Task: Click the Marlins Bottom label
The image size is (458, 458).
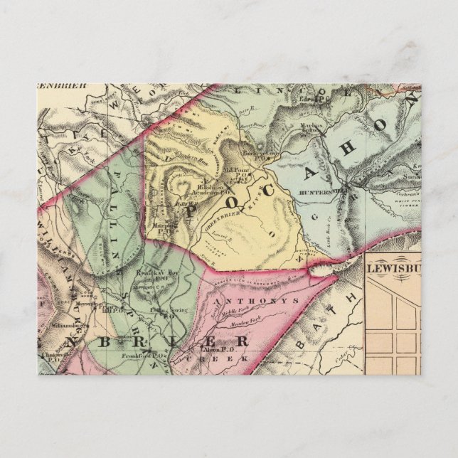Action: click(308, 128)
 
